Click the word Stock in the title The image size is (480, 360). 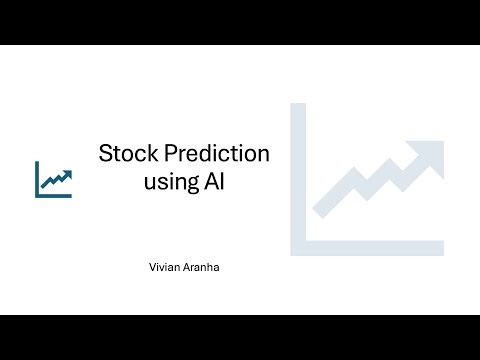(x=124, y=155)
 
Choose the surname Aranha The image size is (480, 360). (x=199, y=267)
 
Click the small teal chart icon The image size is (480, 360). (x=53, y=179)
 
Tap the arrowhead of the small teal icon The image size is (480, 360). (x=67, y=173)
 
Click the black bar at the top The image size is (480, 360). (x=240, y=22)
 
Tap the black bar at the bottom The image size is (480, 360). (x=240, y=337)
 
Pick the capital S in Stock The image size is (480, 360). (x=105, y=155)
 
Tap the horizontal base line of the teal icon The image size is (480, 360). (x=54, y=195)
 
